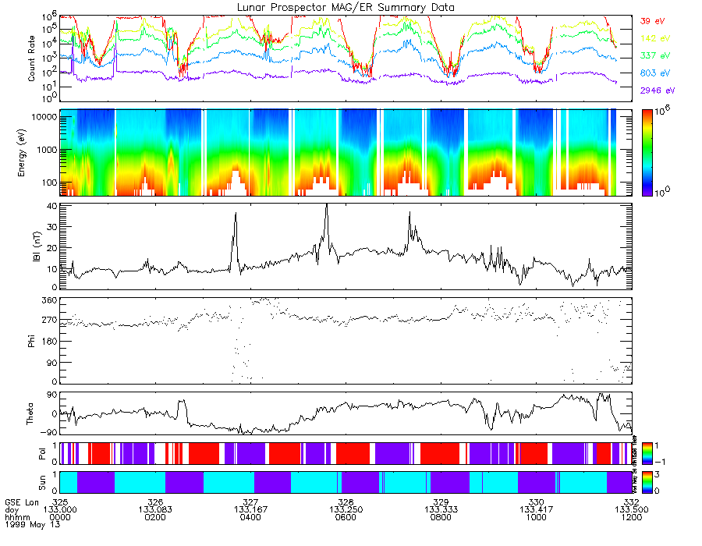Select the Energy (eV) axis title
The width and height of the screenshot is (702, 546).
click(32, 153)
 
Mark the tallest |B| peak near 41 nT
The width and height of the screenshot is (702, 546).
click(326, 205)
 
